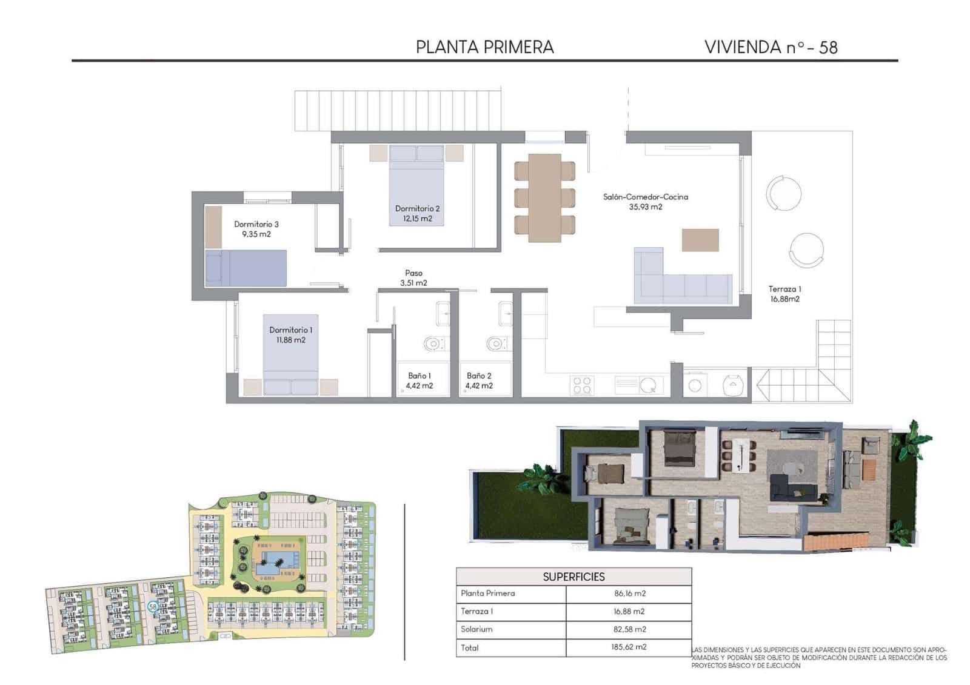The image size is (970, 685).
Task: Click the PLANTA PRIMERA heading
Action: tap(484, 47)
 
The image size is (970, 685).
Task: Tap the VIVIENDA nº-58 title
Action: tap(771, 47)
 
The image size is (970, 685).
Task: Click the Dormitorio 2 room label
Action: tap(417, 208)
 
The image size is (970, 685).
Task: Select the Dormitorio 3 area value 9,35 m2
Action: tap(256, 234)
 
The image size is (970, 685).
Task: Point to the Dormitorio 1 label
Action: tap(290, 330)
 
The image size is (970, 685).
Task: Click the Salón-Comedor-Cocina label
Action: tap(645, 197)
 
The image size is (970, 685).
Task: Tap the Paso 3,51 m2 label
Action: tap(413, 278)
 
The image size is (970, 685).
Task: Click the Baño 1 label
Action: tap(419, 376)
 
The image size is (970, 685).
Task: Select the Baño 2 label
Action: tap(479, 376)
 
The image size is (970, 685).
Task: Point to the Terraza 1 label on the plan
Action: tap(784, 289)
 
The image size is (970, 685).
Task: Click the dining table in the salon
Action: tap(544, 197)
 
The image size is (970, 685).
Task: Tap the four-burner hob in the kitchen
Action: tap(582, 385)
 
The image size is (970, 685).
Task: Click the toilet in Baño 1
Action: tap(433, 345)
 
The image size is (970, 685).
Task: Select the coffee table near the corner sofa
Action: tap(700, 240)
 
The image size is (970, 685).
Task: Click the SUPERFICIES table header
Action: tap(574, 577)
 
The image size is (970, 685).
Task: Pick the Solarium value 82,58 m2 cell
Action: tap(629, 629)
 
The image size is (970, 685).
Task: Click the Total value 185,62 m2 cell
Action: tap(629, 647)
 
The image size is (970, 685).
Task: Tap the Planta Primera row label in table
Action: tap(487, 594)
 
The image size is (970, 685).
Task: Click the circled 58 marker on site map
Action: tap(153, 606)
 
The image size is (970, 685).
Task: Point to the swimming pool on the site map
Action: tap(276, 560)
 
